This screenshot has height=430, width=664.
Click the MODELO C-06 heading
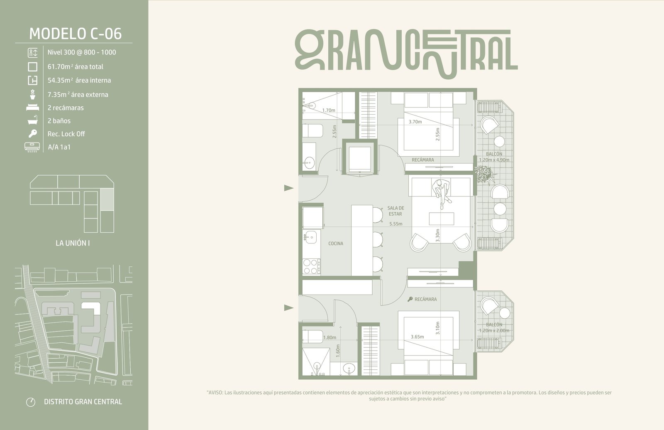75,34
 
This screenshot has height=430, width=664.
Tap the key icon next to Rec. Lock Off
33,133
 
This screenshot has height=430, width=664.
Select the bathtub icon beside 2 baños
33,120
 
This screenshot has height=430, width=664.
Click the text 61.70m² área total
75,67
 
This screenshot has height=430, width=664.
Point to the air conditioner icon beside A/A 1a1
32,147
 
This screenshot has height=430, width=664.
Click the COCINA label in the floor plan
336,243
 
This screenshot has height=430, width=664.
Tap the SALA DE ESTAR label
395,211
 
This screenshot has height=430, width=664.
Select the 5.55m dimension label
396,224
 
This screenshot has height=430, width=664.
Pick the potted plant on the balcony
483,174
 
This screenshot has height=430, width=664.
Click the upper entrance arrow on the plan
289,188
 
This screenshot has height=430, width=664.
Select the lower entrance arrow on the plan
289,308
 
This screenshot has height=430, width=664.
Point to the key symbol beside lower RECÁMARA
410,299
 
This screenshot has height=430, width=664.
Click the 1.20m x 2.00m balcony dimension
494,331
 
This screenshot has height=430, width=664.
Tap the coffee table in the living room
442,219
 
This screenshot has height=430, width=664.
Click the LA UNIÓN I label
73,243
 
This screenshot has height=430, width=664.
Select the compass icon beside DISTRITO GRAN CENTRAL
31,402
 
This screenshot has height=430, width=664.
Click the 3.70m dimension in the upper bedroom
415,122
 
